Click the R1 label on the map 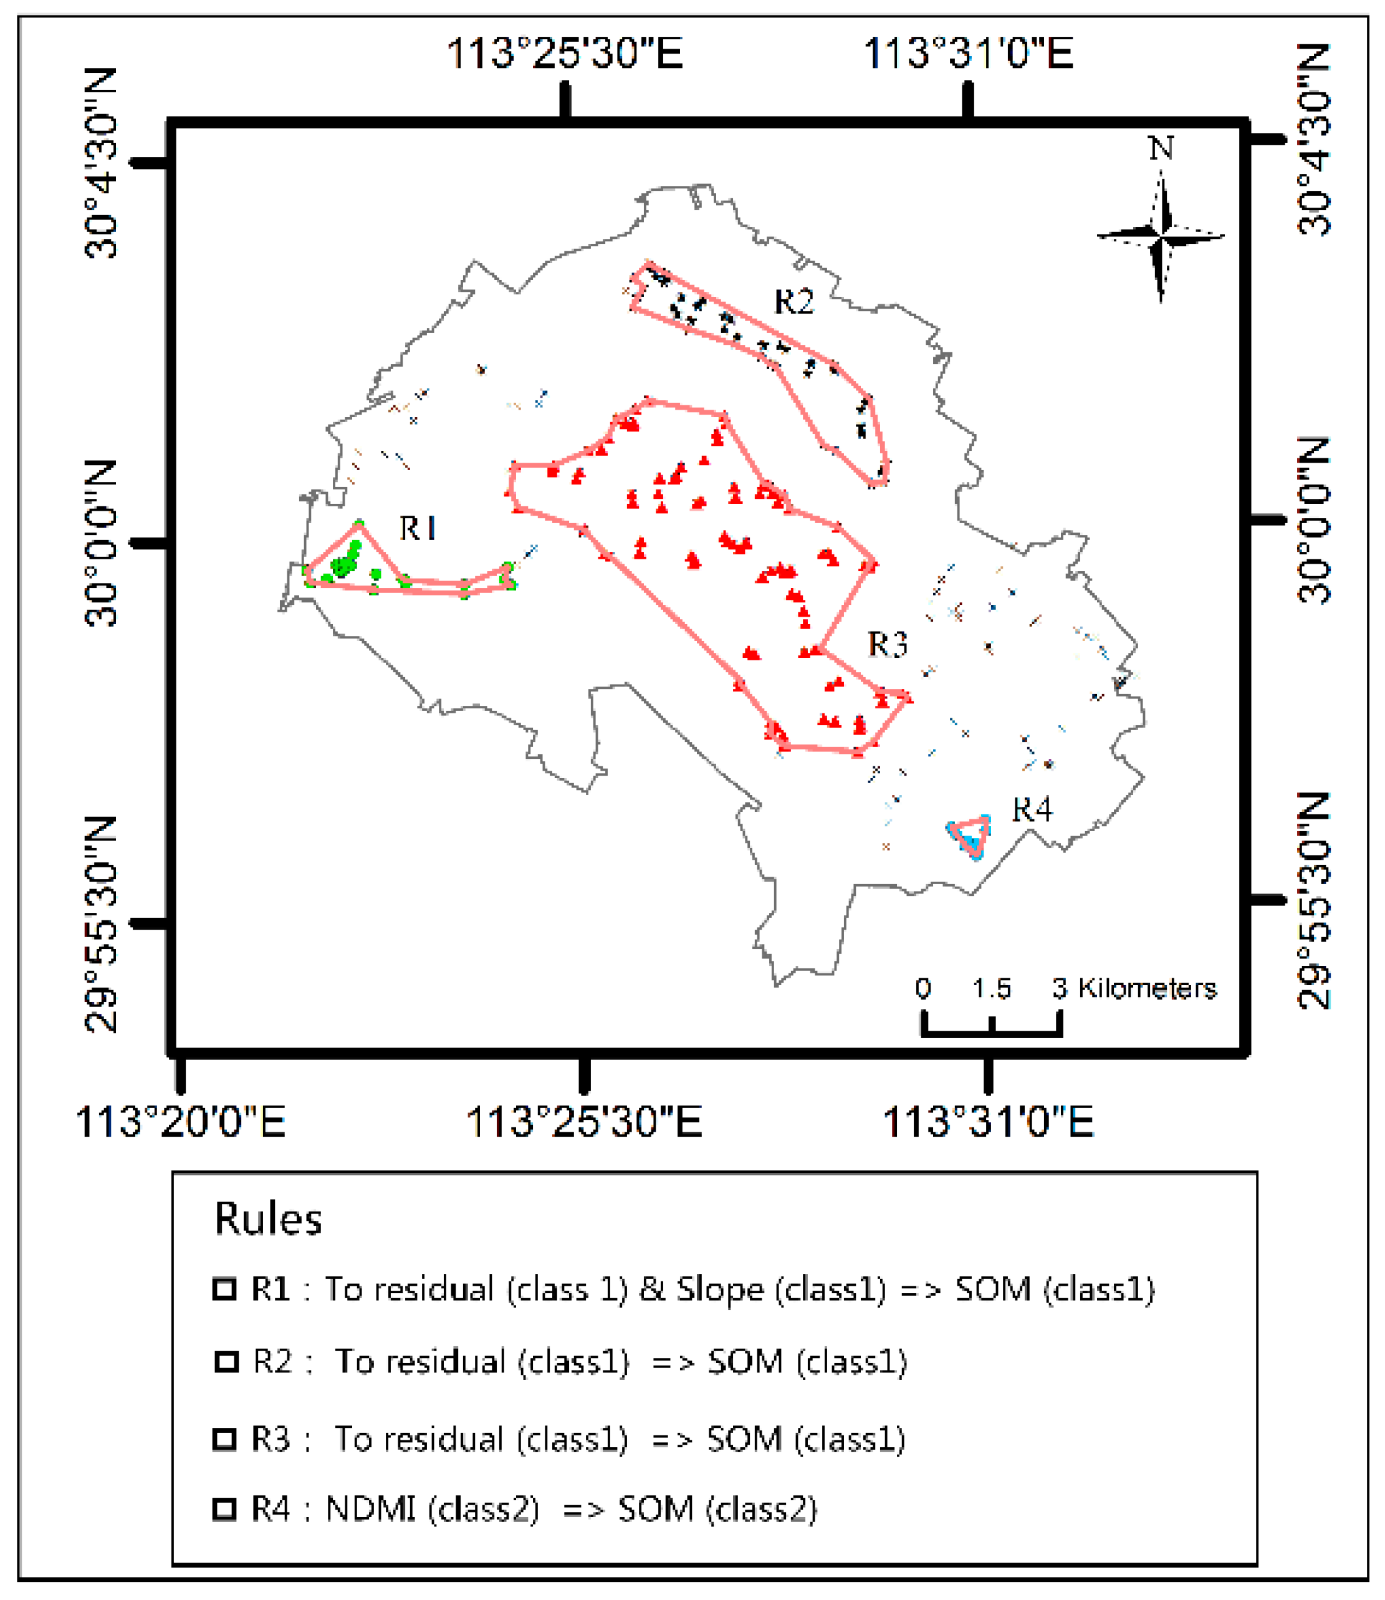(x=418, y=529)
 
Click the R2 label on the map (x=793, y=301)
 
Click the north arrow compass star (x=1161, y=236)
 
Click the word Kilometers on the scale (x=1147, y=988)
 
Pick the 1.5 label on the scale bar (x=992, y=988)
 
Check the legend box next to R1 (x=224, y=1289)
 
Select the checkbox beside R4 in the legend (x=224, y=1509)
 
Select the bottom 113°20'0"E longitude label (x=180, y=1122)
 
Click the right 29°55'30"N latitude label (x=1315, y=900)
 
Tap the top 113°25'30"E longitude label (x=565, y=54)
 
